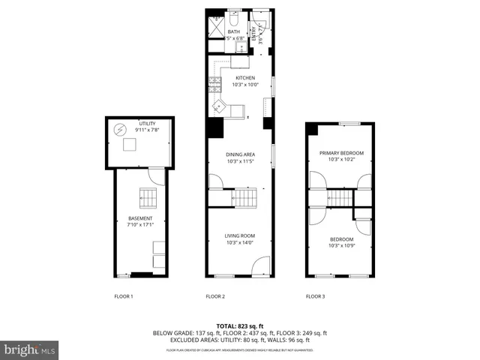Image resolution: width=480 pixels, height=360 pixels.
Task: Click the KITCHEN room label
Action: (x=245, y=78)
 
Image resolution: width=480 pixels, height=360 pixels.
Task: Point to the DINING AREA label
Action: (x=241, y=154)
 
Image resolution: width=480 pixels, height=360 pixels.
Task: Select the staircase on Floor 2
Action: (x=245, y=198)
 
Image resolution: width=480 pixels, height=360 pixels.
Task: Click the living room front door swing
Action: (x=261, y=267)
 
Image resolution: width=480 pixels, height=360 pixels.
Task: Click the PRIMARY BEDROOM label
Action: (x=336, y=153)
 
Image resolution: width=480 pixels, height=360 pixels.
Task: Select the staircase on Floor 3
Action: (x=340, y=198)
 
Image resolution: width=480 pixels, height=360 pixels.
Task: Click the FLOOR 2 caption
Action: (x=216, y=296)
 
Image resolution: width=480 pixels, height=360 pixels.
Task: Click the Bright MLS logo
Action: (x=30, y=349)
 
